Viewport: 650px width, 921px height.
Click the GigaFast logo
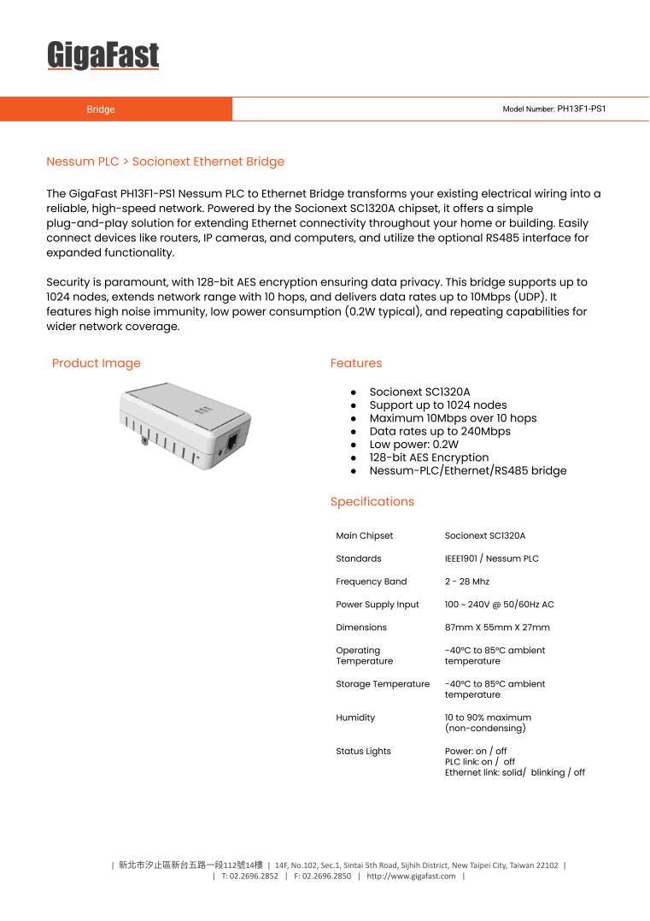pos(102,56)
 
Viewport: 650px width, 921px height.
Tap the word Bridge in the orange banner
pos(101,109)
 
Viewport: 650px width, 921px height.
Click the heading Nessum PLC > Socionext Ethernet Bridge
pos(165,162)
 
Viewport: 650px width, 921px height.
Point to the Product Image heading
pos(96,363)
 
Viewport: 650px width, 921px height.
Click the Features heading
pos(356,363)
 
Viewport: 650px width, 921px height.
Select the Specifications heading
pos(372,502)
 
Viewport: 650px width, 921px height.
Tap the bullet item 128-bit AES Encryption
pos(429,458)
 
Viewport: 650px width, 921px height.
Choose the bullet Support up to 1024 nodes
pos(437,405)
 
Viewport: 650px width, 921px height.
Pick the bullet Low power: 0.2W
pos(413,445)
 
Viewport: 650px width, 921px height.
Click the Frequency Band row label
pos(371,582)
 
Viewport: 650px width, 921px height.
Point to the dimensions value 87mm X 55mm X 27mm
pos(497,628)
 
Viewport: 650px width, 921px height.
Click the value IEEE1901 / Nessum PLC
pos(491,558)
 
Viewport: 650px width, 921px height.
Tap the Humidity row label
pos(355,717)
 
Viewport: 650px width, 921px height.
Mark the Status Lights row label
pos(363,751)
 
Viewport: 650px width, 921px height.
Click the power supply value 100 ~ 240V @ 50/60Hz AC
pos(499,605)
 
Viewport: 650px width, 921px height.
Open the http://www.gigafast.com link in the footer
pos(411,877)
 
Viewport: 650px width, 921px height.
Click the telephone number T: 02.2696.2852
pos(249,877)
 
